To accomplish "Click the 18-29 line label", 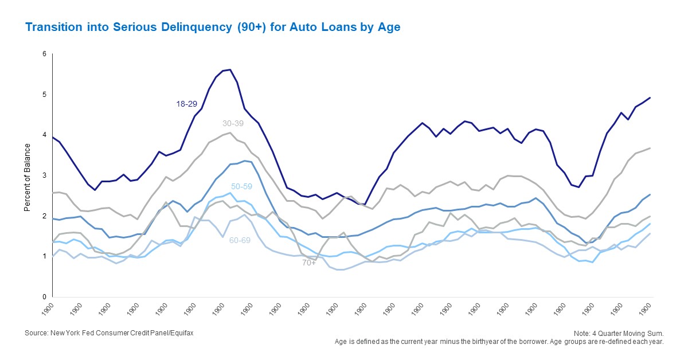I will pos(186,104).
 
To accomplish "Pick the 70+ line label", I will pos(309,263).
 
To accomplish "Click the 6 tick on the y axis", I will pos(44,54).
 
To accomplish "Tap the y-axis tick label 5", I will pos(44,95).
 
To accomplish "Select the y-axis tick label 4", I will pos(44,135).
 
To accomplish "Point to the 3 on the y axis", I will pos(44,175).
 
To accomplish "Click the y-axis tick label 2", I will pos(44,216).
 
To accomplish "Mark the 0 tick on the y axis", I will pos(44,297).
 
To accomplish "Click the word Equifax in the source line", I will pos(179,333).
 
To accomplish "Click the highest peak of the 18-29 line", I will pos(230,69).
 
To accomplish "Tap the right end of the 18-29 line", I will pos(650,97).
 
